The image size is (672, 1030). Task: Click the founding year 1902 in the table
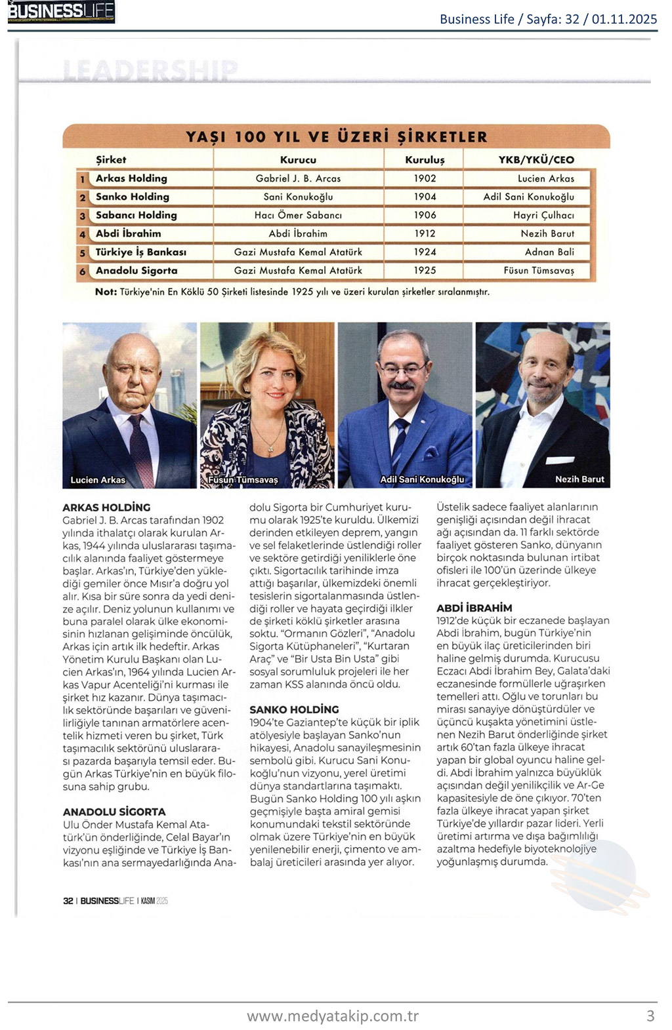425,178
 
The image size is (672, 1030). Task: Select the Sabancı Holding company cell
136,215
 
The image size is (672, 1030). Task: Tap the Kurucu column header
298,159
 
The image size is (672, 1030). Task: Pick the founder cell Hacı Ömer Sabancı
298,215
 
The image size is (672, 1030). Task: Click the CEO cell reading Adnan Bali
549,252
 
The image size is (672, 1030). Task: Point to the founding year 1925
425,270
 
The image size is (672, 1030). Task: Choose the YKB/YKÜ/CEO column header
536,159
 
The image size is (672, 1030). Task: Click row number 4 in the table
83,234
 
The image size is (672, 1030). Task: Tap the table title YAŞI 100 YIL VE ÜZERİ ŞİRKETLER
336,137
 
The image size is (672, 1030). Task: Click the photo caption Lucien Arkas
98,480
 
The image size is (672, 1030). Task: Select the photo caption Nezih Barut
579,479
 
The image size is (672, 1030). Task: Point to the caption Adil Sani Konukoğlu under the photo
422,479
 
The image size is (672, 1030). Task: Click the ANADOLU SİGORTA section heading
114,812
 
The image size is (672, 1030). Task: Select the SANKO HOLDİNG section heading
294,709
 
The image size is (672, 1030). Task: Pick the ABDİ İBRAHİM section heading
474,608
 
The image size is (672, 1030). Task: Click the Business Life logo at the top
61,12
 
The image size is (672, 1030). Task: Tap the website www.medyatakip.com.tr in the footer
332,1016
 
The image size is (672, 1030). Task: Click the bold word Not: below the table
106,292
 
